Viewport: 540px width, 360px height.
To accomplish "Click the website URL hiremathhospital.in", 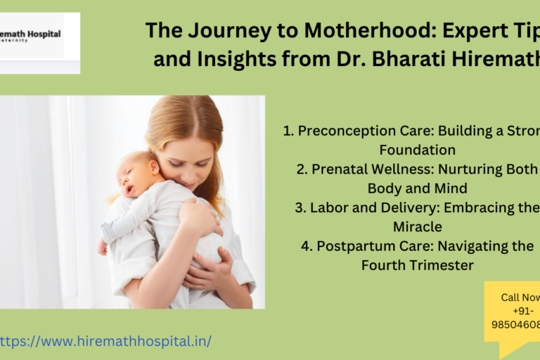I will pos(105,341).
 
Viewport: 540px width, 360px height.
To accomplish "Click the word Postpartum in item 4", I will pos(351,246).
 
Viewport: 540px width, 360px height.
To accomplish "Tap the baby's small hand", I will pos(103,247).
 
